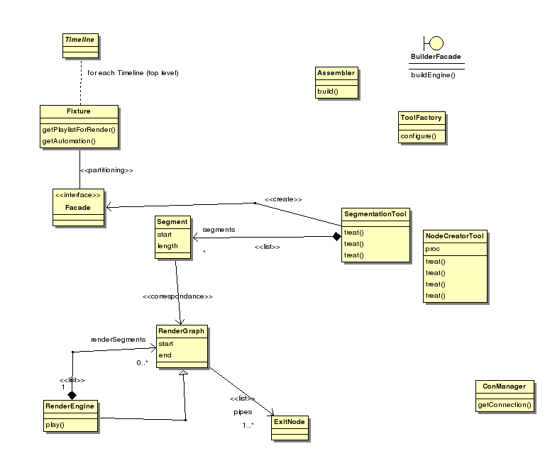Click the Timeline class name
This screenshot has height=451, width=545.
pos(79,40)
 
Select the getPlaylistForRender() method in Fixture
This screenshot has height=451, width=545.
pos(79,130)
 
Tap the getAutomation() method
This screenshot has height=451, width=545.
pos(68,141)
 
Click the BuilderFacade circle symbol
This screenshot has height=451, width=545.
pos(433,43)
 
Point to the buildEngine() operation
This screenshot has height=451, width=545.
pos(433,74)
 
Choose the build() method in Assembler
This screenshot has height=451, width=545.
pos(328,91)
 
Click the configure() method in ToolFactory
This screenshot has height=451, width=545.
pos(418,135)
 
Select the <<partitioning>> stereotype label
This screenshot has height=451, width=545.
pos(107,170)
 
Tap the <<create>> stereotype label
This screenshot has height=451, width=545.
pos(283,199)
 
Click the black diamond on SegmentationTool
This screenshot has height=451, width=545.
pos(336,237)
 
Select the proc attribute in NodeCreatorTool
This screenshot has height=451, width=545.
pos(433,250)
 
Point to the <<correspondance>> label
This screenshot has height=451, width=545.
pos(177,296)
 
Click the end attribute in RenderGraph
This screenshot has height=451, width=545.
pos(165,355)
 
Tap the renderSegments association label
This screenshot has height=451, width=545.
pos(119,340)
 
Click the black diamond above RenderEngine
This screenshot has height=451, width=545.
pos(72,394)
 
